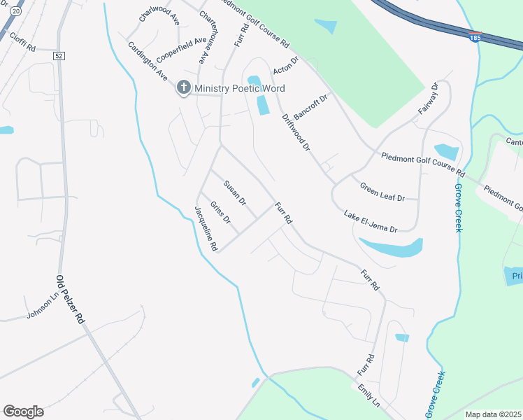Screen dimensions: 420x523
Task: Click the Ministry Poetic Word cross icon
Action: pos(183,88)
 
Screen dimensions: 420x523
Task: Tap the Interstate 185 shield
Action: pos(475,36)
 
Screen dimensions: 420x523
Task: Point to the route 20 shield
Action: pos(17,12)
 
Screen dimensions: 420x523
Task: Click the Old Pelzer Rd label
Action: pos(71,298)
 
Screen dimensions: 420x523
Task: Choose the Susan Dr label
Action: pos(235,193)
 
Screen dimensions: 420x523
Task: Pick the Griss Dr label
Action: pos(220,212)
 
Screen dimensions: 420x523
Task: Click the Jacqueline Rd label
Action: pos(207,228)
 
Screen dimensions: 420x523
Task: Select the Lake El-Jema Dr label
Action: pos(371,220)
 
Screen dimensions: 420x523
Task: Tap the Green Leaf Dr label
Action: pos(382,192)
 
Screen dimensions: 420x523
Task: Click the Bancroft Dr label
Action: pos(310,106)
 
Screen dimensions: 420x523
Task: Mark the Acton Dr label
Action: pos(286,65)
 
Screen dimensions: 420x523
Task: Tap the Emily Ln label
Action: pos(368,395)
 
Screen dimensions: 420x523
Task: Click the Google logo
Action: pos(23,412)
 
